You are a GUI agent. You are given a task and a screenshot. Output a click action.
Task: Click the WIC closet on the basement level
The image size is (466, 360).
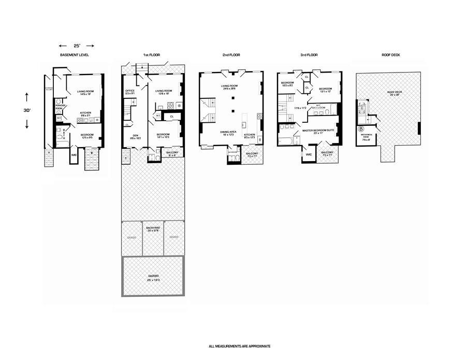point(74,154)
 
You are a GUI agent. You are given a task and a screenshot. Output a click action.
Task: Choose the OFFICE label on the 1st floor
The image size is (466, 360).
point(130,92)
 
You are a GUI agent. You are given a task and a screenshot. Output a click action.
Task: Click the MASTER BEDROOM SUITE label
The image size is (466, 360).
point(317,131)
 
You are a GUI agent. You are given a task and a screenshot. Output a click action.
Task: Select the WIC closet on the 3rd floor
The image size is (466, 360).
point(309,154)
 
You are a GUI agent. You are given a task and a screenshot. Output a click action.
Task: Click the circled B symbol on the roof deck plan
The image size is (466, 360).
point(361,128)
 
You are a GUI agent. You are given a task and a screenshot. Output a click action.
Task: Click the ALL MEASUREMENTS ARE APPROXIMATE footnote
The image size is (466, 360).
point(239,346)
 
